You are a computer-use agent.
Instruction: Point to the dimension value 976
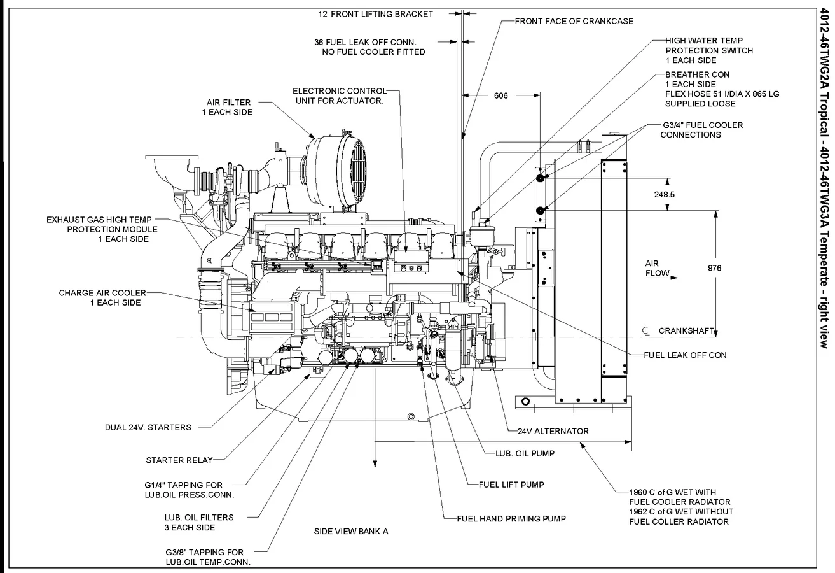pos(714,268)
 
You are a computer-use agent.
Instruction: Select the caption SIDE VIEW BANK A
pos(350,531)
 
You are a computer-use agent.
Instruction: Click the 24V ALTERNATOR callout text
pos(553,431)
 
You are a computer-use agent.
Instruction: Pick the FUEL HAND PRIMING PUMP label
pos(511,518)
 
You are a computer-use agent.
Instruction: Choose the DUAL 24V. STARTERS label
pos(148,427)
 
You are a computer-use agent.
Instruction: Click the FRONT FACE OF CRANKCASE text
pos(574,21)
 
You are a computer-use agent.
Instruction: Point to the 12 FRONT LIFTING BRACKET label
pos(385,14)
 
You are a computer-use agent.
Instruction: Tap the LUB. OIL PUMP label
pos(525,454)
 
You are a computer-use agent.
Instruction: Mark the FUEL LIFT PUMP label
pos(511,485)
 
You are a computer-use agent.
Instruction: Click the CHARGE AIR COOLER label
pos(102,297)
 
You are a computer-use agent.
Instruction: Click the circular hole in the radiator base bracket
pos(525,400)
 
